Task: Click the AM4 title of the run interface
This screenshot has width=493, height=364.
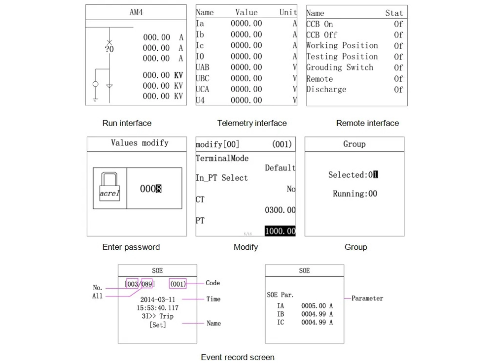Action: [x=136, y=13]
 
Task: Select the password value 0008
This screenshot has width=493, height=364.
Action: [x=151, y=189]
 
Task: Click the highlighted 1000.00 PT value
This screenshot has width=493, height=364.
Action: [x=280, y=231]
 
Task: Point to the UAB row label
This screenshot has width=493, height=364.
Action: [x=203, y=67]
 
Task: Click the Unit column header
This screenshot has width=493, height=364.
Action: [x=288, y=13]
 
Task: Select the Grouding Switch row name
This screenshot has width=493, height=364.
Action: [x=340, y=67]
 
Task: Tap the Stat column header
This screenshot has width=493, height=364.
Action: [x=394, y=13]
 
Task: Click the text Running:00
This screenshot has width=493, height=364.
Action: [x=355, y=194]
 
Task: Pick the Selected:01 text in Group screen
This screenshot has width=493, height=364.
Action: [x=353, y=175]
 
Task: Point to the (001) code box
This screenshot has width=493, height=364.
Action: [x=178, y=284]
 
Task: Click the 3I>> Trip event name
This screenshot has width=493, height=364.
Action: [x=157, y=316]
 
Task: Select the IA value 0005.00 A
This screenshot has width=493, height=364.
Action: [x=317, y=306]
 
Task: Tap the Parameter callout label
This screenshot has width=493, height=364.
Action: [x=367, y=298]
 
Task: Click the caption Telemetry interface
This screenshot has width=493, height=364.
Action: [x=251, y=123]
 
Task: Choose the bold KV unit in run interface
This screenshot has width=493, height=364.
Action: [x=178, y=75]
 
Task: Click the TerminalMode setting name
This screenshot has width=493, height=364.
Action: [x=222, y=159]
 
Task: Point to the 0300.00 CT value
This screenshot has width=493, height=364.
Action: [x=280, y=210]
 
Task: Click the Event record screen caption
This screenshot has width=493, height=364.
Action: [x=237, y=357]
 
